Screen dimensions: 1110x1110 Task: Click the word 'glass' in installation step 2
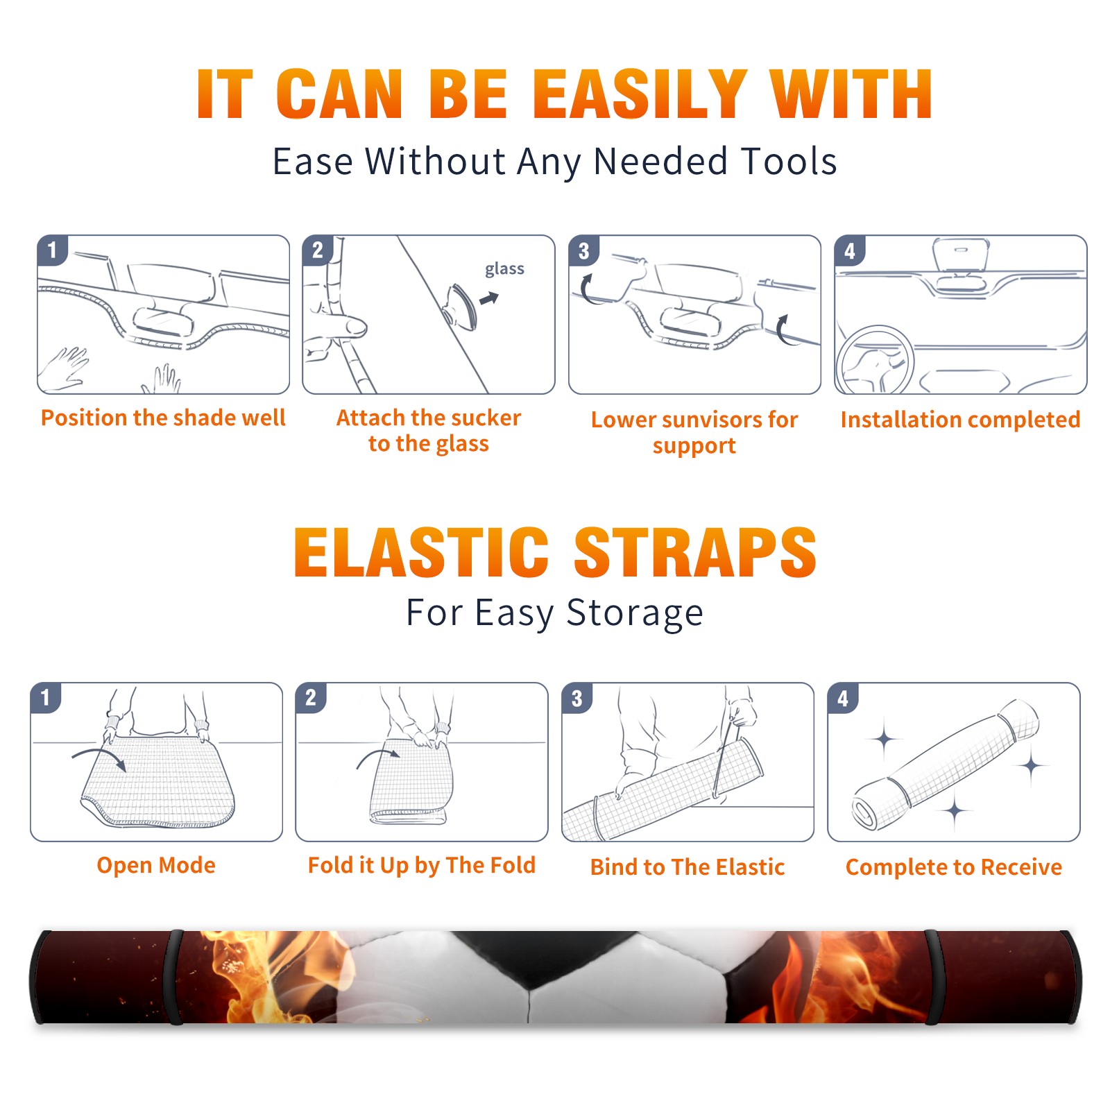(504, 269)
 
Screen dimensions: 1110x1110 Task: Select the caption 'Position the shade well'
(163, 418)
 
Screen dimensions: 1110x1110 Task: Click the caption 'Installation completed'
(960, 419)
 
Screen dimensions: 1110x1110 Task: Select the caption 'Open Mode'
(156, 865)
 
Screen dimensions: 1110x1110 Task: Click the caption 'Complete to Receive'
(954, 866)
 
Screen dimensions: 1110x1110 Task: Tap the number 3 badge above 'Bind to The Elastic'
(577, 698)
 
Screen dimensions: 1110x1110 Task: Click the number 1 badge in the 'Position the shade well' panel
(52, 250)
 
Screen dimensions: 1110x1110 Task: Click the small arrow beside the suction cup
(489, 298)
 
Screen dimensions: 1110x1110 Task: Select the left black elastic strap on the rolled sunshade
(176, 977)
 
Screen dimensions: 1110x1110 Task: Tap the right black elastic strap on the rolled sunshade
(934, 977)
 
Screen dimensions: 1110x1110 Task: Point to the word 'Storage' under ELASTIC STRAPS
(635, 613)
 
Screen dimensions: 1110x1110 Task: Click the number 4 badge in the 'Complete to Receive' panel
(843, 698)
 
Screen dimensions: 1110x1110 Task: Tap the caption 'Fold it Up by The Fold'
(422, 865)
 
